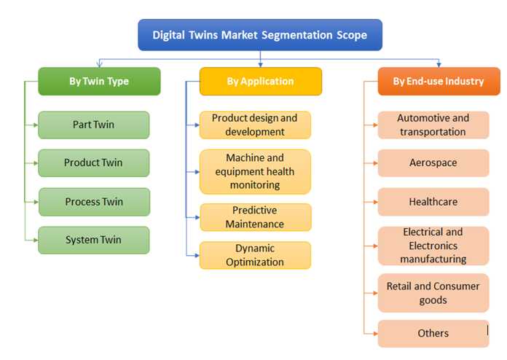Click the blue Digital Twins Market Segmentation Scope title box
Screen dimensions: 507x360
pyautogui.click(x=260, y=35)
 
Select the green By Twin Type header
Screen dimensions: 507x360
pyautogui.click(x=99, y=81)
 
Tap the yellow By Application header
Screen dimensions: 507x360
pyautogui.click(x=261, y=81)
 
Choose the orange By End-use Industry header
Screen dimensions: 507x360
pyautogui.click(x=439, y=81)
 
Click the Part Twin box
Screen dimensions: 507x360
pyautogui.click(x=94, y=125)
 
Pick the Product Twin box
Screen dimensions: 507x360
pyautogui.click(x=94, y=163)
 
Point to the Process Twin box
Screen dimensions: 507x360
pyautogui.click(x=94, y=202)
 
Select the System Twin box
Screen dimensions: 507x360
pyautogui.click(x=94, y=240)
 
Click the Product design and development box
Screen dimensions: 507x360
pyautogui.click(x=255, y=125)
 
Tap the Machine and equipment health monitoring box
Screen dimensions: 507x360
pyautogui.click(x=255, y=171)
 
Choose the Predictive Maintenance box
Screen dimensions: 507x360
pyautogui.click(x=256, y=217)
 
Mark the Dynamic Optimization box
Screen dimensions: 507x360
pyautogui.click(x=255, y=255)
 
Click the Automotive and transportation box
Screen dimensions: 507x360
pyautogui.click(x=433, y=125)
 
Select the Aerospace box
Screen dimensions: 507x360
pyautogui.click(x=433, y=163)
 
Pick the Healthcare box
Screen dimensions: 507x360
pyautogui.click(x=433, y=202)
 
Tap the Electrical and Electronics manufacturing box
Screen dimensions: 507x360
pyautogui.click(x=433, y=246)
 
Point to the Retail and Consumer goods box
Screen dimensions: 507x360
pyautogui.click(x=433, y=293)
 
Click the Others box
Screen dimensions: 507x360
pyautogui.click(x=433, y=334)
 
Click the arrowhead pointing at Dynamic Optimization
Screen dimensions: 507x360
pyautogui.click(x=197, y=256)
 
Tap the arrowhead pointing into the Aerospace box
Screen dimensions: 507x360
pyautogui.click(x=375, y=163)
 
